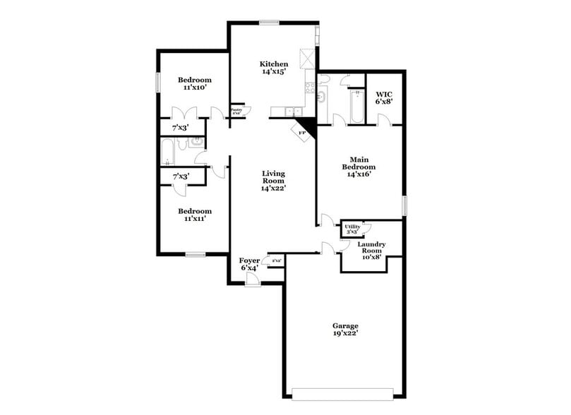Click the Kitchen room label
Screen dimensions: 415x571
(275, 68)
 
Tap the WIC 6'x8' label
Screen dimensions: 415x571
(384, 97)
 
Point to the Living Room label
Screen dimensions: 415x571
(273, 180)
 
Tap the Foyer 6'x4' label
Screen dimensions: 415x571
(249, 264)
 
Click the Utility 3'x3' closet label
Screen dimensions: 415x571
(351, 228)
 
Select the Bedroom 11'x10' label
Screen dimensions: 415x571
(194, 83)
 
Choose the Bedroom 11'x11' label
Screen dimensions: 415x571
(194, 215)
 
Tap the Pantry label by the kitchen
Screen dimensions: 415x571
(236, 111)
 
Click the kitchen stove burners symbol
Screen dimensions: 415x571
(308, 88)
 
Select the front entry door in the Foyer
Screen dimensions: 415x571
(251, 280)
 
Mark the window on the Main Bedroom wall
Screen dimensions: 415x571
(404, 205)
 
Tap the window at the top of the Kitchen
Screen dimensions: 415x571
(268, 23)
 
